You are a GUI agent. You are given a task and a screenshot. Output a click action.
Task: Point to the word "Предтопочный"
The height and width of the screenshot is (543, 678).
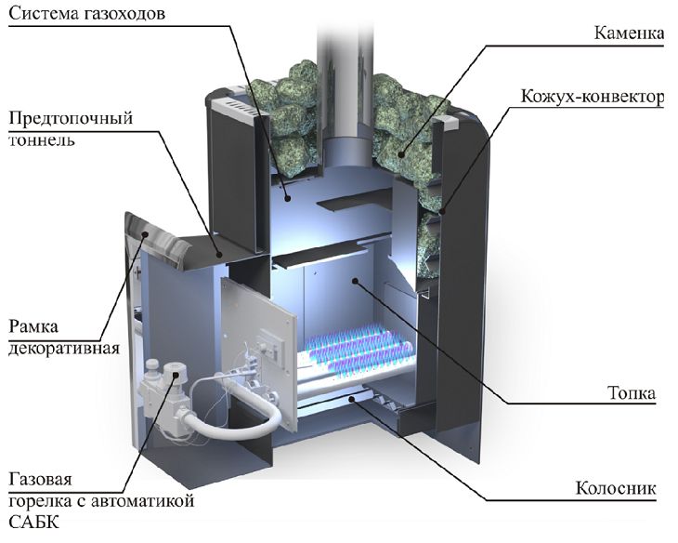[71, 120]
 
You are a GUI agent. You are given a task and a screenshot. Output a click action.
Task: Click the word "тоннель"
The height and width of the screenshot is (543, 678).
[42, 141]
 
